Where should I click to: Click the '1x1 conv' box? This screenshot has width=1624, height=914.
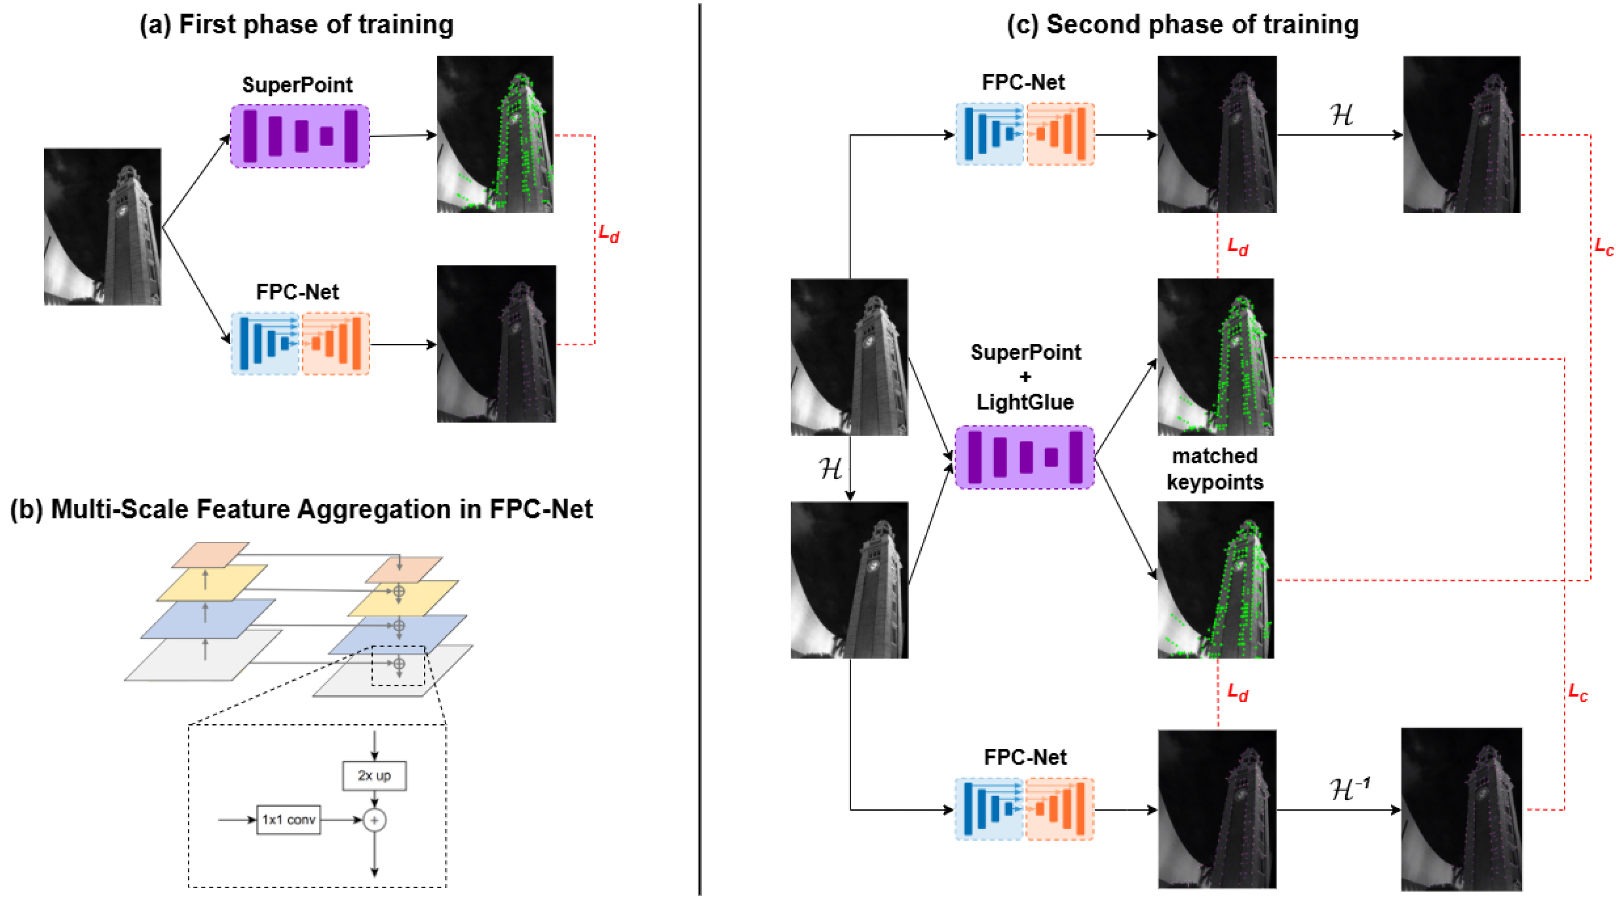coord(288,820)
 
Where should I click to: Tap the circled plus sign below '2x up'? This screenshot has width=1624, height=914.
coord(375,820)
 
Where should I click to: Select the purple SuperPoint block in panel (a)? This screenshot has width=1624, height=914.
coord(300,136)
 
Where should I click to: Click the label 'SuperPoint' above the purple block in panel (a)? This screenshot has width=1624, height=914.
coord(297,85)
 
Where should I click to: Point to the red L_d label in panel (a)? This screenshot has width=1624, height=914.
coord(608,234)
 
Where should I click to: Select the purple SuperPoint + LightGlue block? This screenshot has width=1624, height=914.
coord(1025,457)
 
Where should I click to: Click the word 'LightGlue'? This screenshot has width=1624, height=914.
coord(1025,402)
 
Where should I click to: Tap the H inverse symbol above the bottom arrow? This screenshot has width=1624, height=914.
coord(1349,788)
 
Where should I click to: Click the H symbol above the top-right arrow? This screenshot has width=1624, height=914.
coord(1341,115)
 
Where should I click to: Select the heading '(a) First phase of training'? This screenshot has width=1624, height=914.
coord(296,24)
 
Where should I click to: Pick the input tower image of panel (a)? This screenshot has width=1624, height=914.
coord(102,227)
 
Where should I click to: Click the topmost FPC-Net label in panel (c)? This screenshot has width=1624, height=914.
coord(1023,83)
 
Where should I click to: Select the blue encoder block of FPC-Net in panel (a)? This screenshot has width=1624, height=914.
coord(265,343)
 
